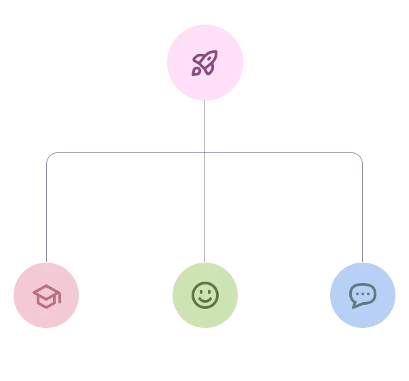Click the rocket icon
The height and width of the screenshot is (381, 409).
click(204, 63)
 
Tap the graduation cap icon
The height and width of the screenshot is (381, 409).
click(46, 296)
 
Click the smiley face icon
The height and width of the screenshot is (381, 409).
click(204, 295)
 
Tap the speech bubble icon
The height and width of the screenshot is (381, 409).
click(362, 295)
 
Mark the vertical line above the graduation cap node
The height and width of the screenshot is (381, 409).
click(46, 211)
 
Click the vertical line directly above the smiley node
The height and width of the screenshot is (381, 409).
click(204, 211)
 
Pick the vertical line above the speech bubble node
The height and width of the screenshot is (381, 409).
click(361, 211)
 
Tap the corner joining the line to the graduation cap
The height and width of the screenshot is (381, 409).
click(46, 155)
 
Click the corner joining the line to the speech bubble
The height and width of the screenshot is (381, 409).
click(361, 155)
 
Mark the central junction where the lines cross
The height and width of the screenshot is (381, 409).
click(204, 155)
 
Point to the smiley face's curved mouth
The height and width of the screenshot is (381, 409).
click(204, 301)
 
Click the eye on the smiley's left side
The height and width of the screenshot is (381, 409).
click(200, 291)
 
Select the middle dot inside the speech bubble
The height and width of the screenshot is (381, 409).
click(363, 294)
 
